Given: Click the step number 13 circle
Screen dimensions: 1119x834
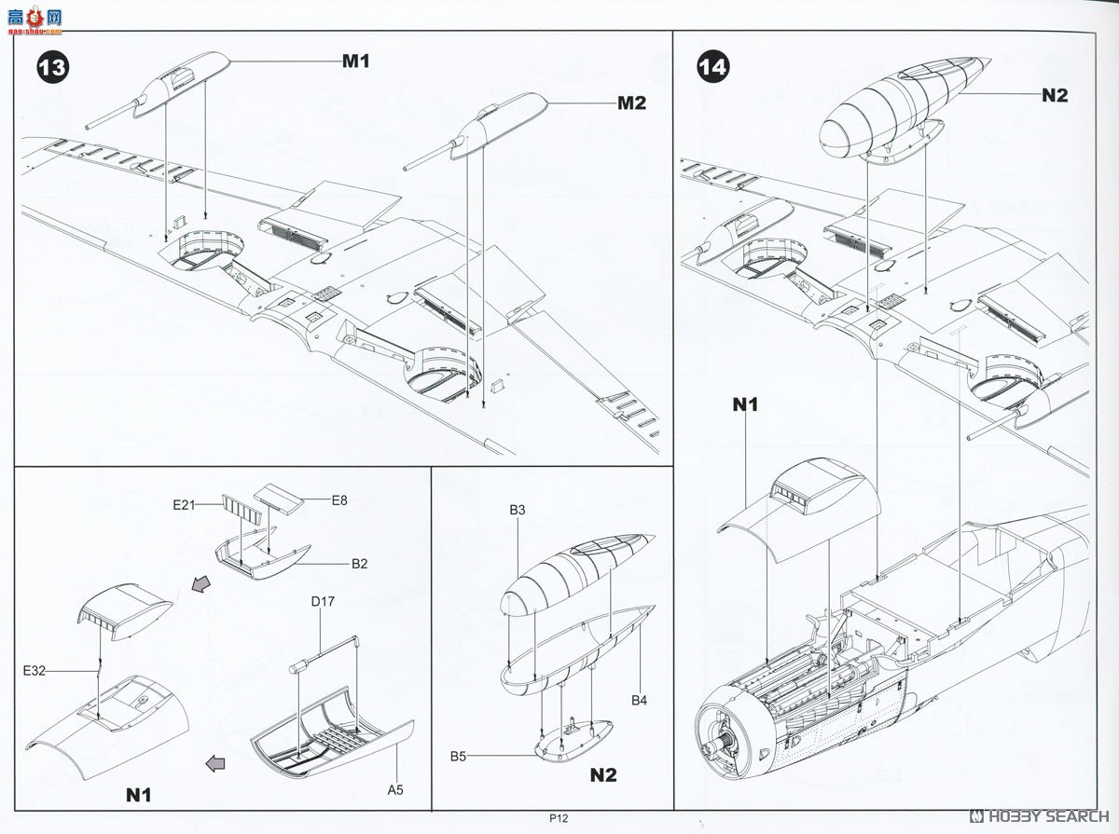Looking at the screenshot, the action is coord(52,67).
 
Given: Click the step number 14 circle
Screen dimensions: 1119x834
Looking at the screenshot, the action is coord(712,67).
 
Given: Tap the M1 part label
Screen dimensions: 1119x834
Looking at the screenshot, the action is coord(356,62).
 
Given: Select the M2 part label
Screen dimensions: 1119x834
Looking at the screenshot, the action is coord(631,103).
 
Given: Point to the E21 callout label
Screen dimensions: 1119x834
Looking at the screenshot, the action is coord(184,504).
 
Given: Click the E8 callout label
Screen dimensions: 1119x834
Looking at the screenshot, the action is coord(339,500).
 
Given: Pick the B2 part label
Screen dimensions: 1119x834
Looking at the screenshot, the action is coord(359,564).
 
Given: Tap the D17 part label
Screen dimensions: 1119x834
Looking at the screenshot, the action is coord(323,601).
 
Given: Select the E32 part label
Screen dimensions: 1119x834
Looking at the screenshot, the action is coord(35,670).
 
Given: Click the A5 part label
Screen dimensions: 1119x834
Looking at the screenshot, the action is coord(395,789).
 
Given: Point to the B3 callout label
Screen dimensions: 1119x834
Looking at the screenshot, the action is coord(517,510).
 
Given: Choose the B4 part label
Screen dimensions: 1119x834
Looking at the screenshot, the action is coord(640,700).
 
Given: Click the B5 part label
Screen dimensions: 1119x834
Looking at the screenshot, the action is coord(458,756).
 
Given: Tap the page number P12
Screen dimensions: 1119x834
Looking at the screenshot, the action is coord(559,818).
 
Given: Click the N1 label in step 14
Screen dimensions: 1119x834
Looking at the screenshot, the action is coord(745,404).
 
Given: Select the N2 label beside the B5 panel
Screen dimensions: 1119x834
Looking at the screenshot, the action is coord(603,775).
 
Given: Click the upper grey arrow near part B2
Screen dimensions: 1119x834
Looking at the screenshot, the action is coord(201,583).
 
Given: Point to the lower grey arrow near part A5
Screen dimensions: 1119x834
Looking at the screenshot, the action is coord(215,763).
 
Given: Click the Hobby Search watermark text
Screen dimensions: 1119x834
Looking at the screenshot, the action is coord(1039,816).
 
